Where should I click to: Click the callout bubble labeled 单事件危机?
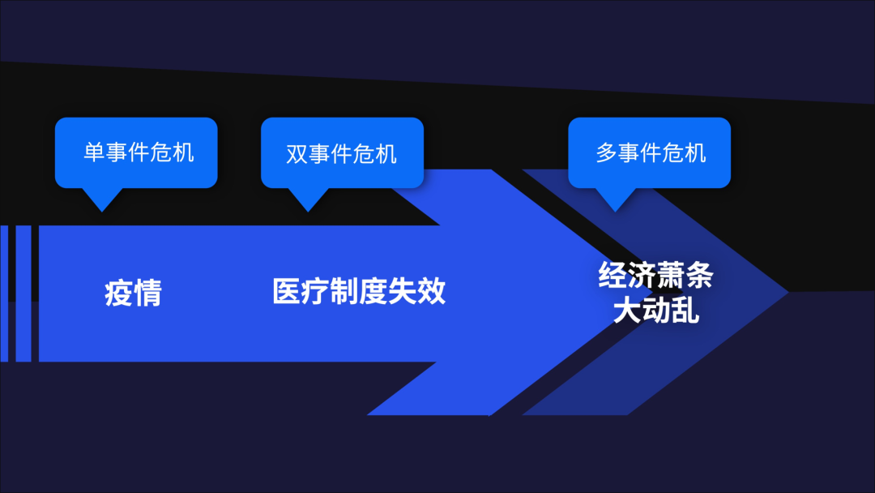coord(136,152)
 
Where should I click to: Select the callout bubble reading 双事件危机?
coord(342,152)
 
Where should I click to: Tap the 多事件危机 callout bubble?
coord(649,152)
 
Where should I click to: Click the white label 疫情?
coord(133,293)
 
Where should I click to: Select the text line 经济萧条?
coord(655,276)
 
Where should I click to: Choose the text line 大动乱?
coord(655,310)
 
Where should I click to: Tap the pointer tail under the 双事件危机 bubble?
coord(307,199)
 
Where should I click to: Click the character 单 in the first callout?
coord(94,152)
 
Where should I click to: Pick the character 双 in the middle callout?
coord(297,153)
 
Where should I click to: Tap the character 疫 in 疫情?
coord(118,293)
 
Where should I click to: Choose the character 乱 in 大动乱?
coord(685,310)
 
